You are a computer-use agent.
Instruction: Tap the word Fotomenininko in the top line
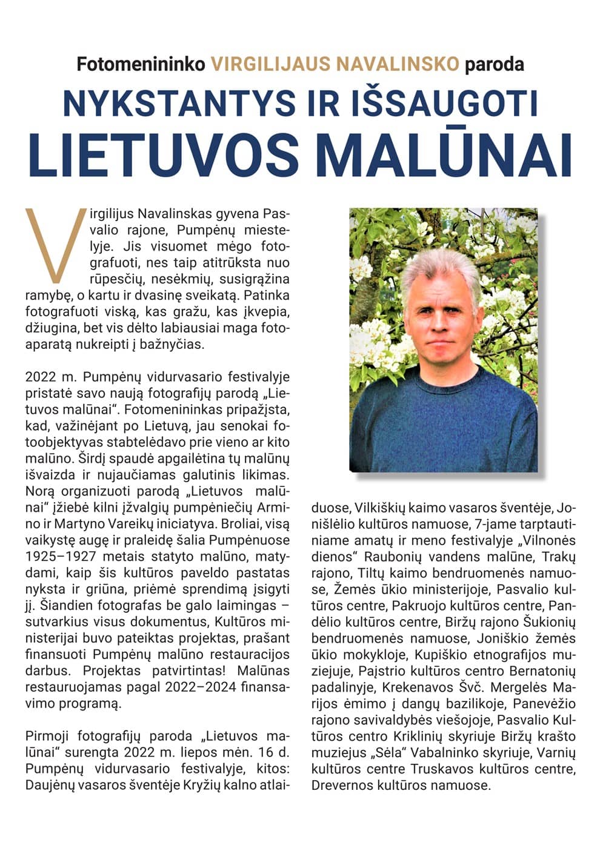[141, 64]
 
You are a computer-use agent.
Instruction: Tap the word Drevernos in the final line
[340, 786]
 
